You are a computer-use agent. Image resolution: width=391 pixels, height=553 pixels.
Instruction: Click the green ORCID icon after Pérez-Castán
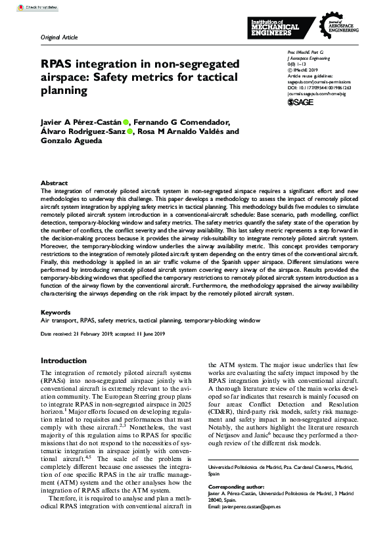coord(126,122)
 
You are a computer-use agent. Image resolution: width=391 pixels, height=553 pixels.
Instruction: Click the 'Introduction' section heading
coord(64,361)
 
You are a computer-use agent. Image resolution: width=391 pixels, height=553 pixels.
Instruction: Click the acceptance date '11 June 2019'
coord(149,334)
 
